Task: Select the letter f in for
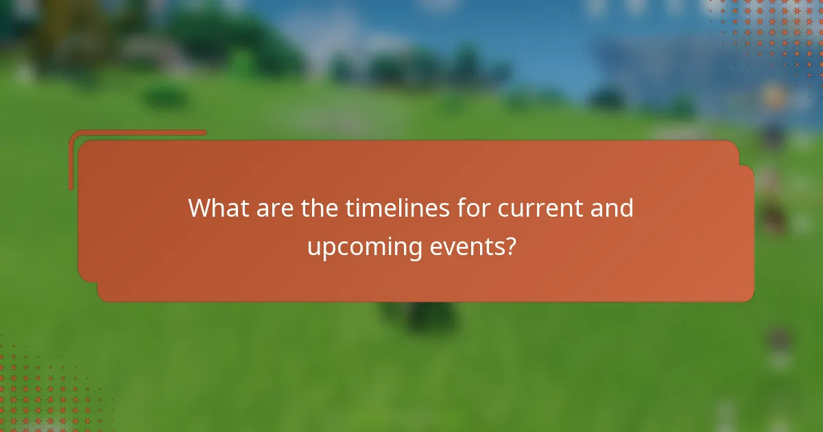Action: pos(462,208)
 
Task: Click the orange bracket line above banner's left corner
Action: pos(137,133)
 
